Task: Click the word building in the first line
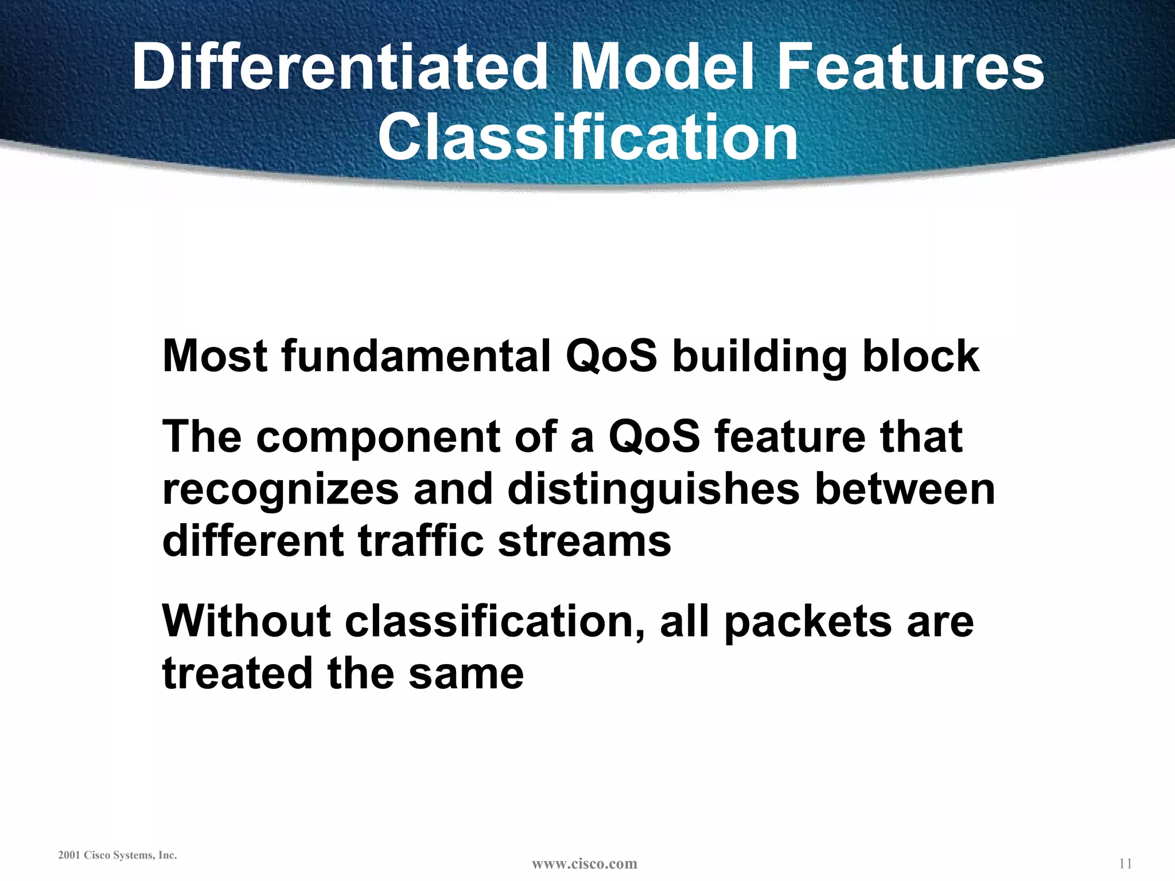tap(759, 357)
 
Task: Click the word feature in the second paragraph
tap(790, 436)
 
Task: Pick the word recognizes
tap(281, 490)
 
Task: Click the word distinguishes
tap(653, 490)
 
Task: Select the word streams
tap(584, 542)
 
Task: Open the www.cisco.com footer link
tap(584, 863)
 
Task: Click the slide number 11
tap(1125, 863)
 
